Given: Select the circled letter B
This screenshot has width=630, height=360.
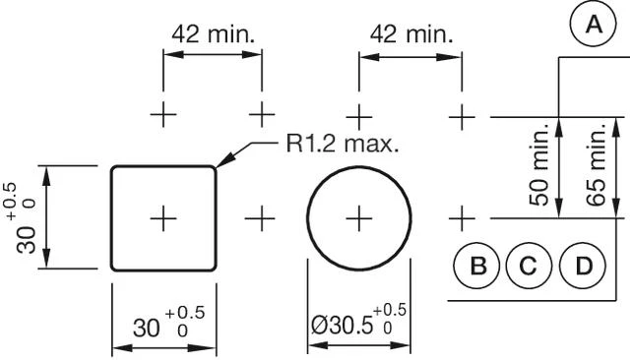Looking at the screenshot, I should point(478,266).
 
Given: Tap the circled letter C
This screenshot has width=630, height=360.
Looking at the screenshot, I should point(529,266).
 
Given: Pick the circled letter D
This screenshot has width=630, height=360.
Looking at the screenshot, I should point(584,266).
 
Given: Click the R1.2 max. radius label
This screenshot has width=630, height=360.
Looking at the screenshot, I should point(343,144).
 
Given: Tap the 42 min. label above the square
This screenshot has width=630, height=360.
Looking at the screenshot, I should point(214,33).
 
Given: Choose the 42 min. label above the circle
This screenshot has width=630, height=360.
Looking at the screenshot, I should point(410,33).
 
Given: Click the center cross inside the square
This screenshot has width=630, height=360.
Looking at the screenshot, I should point(163,216).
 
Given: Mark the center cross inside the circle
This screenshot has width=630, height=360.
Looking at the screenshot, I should point(359,216).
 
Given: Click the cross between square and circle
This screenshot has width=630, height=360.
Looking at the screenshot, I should point(261,216).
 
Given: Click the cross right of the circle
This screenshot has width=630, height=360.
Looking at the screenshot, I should point(461,216).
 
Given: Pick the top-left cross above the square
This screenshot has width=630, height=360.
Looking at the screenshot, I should point(163,115).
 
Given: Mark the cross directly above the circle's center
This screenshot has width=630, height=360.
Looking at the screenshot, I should point(359,115).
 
